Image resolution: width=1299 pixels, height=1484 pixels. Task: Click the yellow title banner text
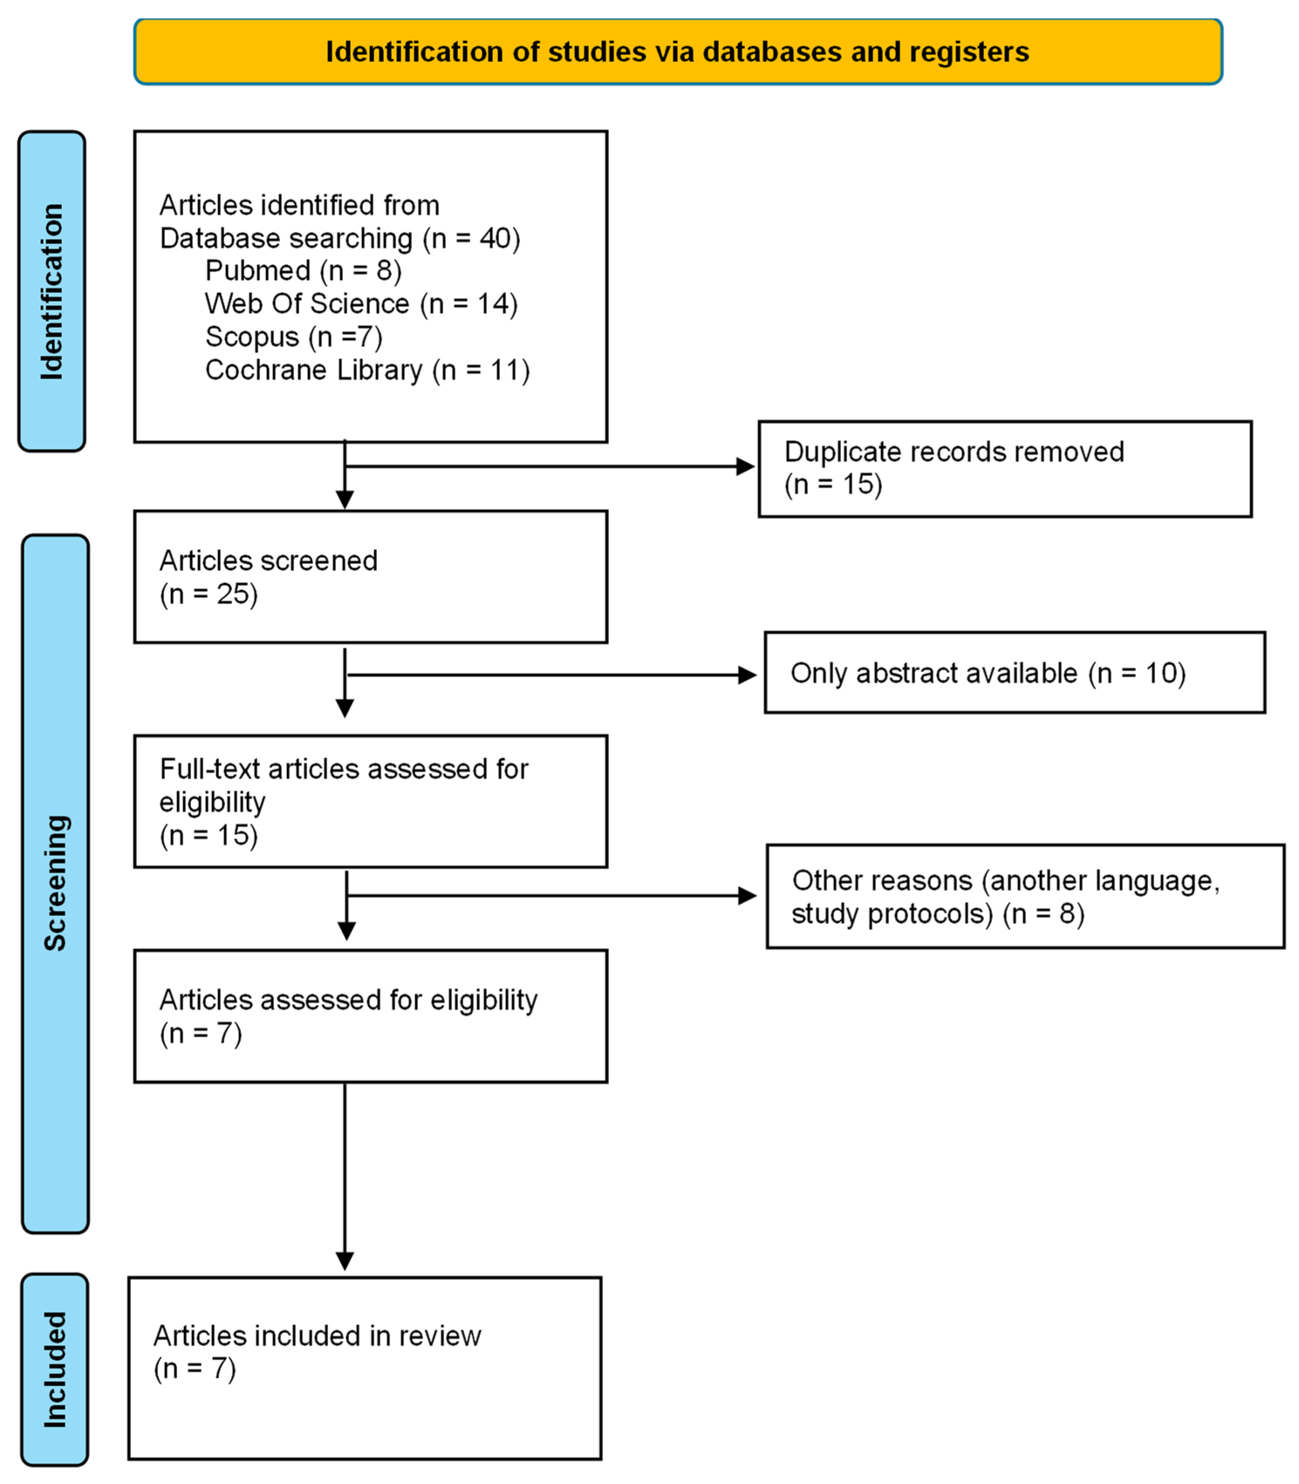(677, 52)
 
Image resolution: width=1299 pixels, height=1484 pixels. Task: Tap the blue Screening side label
(55, 883)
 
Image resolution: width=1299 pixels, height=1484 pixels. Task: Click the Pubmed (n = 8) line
(303, 271)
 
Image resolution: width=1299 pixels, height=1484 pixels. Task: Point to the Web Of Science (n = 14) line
(361, 304)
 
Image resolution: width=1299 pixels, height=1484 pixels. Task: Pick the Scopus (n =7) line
(293, 337)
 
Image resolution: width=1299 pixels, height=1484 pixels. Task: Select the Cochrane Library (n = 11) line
(368, 371)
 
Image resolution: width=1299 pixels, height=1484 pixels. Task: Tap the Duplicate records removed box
(1005, 469)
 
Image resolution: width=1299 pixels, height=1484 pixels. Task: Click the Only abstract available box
(1015, 673)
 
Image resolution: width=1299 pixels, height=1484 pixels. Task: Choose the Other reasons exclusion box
(1025, 897)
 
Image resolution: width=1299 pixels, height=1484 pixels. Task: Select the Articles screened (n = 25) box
(370, 577)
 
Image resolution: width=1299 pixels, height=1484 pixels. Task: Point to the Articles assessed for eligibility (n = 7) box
(370, 1017)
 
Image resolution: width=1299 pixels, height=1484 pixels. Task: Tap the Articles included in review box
(365, 1369)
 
